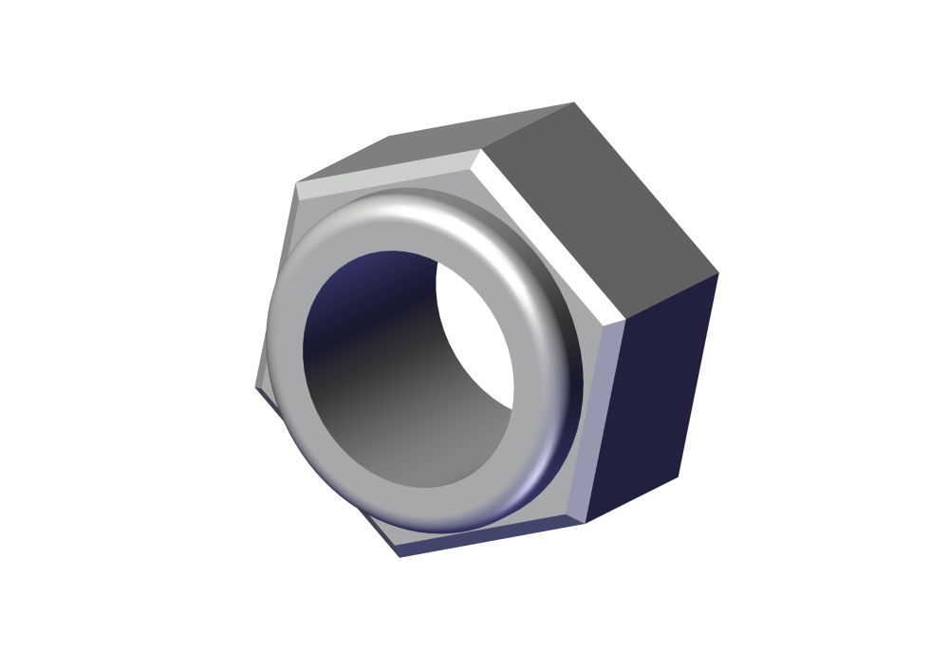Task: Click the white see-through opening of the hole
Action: pyautogui.click(x=479, y=332)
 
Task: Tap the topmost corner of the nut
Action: pyautogui.click(x=573, y=103)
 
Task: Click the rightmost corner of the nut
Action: pyautogui.click(x=718, y=273)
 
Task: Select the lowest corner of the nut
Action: pyautogui.click(x=400, y=557)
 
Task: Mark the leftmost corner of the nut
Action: pyautogui.click(x=255, y=387)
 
